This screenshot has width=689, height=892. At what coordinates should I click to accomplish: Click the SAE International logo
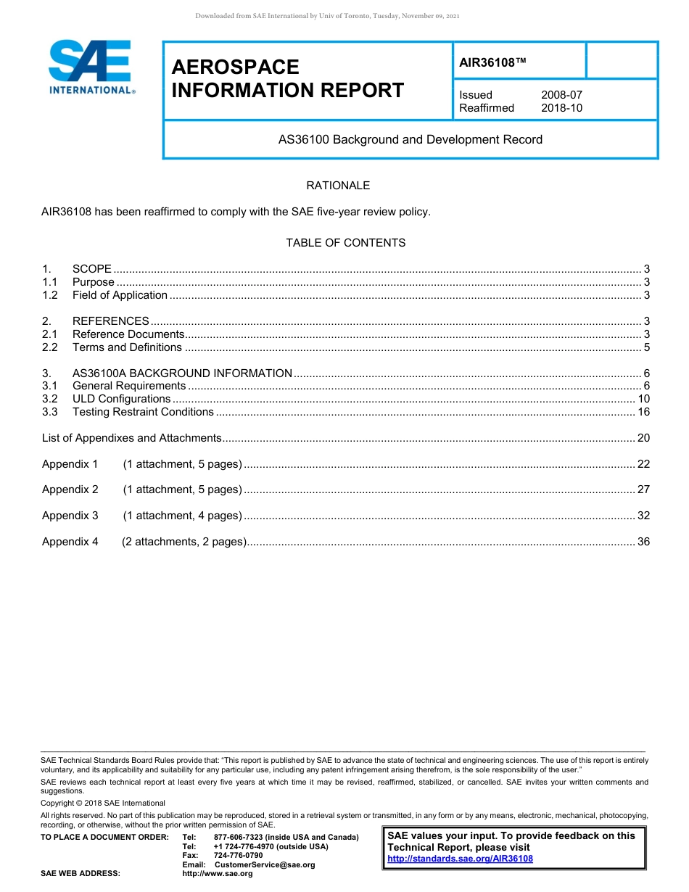91,67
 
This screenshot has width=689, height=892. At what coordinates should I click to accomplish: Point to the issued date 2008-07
561,95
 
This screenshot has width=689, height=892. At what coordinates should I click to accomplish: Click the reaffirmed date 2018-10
561,108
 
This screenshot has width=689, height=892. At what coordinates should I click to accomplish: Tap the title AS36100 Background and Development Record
410,139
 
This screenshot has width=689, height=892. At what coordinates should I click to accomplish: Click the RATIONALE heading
338,186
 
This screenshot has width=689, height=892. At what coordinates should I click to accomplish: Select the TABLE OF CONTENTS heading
345,243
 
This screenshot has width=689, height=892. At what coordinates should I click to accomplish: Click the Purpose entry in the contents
93,282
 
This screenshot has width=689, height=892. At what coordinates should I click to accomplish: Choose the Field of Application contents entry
120,295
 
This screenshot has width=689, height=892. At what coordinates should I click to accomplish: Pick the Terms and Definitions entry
127,347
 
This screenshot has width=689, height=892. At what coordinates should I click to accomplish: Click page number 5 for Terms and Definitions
646,347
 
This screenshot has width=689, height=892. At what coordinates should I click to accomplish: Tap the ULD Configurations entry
121,399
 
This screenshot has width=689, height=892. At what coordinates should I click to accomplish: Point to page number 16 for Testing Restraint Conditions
643,412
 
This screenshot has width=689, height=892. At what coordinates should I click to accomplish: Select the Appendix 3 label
70,516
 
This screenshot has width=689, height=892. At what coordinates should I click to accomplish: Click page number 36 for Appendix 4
643,542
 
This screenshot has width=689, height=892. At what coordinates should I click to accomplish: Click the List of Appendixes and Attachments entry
131,438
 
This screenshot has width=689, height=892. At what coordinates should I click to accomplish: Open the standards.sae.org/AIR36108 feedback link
460,859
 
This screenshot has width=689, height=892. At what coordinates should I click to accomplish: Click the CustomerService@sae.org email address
265,864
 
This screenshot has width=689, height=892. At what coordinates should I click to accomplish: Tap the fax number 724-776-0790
238,856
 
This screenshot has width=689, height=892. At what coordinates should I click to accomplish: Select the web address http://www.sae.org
218,874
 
